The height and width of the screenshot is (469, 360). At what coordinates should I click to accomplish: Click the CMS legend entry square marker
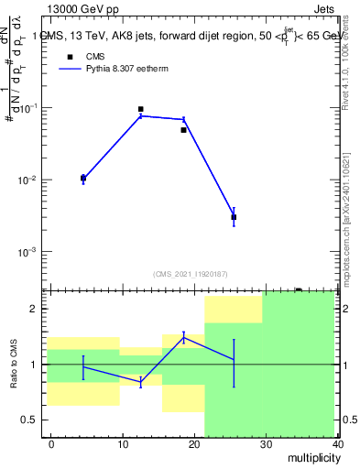coord(70,57)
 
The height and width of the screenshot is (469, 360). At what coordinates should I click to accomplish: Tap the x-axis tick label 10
coord(123,444)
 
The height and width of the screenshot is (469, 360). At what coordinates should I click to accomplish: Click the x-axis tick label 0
coord(51,444)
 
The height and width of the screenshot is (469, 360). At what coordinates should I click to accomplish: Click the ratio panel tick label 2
coord(36,309)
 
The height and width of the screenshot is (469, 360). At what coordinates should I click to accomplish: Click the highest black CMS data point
coord(140,109)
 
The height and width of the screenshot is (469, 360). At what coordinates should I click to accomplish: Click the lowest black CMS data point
coord(234,217)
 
